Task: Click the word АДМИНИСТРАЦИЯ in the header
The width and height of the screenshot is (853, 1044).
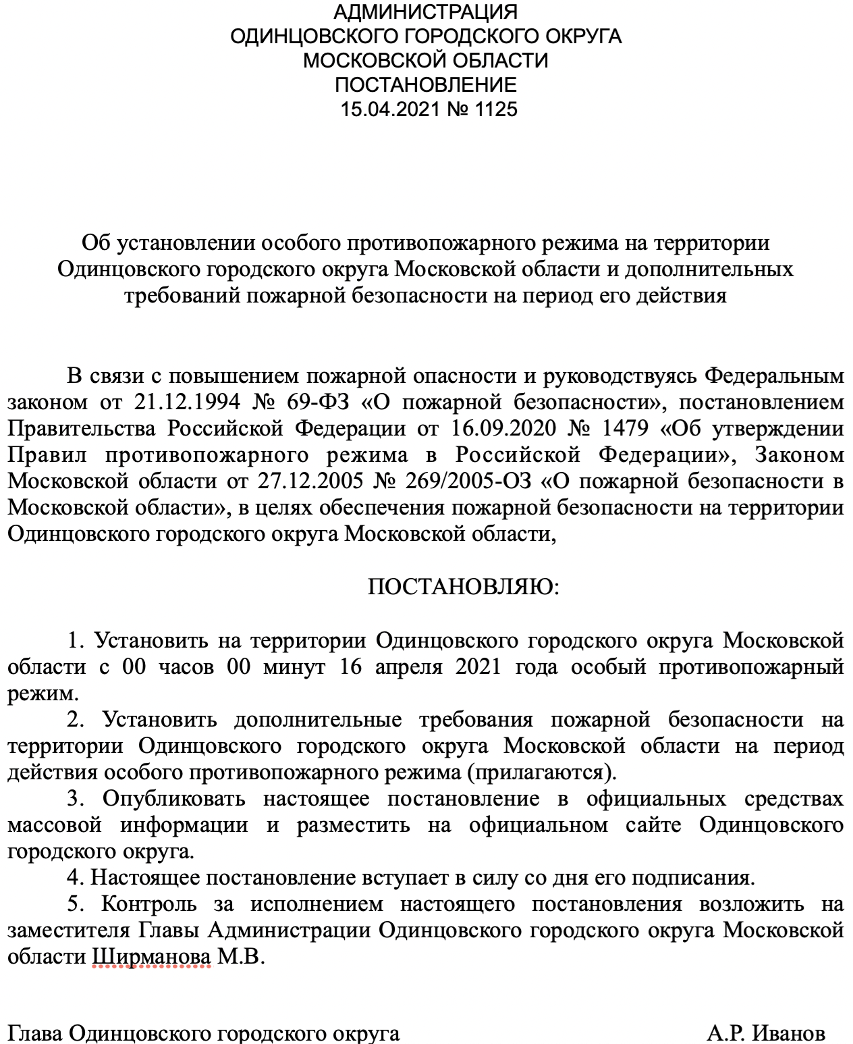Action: pyautogui.click(x=426, y=12)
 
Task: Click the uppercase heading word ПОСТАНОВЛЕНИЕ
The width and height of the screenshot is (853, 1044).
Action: pyautogui.click(x=426, y=85)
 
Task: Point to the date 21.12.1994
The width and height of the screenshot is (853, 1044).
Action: pyautogui.click(x=187, y=402)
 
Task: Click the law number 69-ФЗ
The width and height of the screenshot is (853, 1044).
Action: pyautogui.click(x=318, y=402)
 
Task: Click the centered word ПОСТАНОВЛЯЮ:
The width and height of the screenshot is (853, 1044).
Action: pyautogui.click(x=464, y=588)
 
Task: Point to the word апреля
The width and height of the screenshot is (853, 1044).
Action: pyautogui.click(x=409, y=667)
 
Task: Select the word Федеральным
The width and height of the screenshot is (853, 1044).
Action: pyautogui.click(x=774, y=376)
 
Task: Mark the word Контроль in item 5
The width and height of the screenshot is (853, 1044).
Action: pyautogui.click(x=149, y=904)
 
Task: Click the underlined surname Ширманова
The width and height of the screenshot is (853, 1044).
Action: pyautogui.click(x=151, y=958)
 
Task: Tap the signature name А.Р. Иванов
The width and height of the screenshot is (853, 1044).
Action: pyautogui.click(x=766, y=1033)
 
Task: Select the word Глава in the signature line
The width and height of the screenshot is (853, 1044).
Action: pyautogui.click(x=35, y=1033)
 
